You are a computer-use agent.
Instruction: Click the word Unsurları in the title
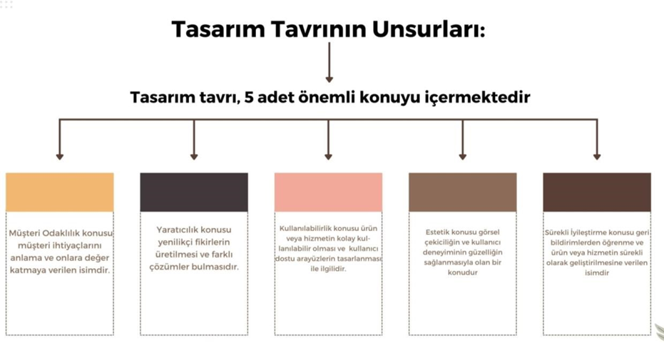click(x=429, y=29)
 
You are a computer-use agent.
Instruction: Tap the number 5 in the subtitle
click(x=249, y=97)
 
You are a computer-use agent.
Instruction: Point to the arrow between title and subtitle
click(x=329, y=62)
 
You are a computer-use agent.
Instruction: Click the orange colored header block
click(x=60, y=192)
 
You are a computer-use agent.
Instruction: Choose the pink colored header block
click(x=328, y=192)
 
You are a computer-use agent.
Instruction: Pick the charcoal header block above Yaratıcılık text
click(x=194, y=192)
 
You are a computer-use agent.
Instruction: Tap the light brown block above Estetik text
click(x=462, y=192)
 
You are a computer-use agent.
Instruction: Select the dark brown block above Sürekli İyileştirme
click(x=597, y=192)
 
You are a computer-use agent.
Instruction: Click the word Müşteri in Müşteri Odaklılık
click(x=24, y=234)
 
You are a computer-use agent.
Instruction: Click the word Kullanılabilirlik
click(x=306, y=228)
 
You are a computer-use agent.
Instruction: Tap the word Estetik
click(x=437, y=232)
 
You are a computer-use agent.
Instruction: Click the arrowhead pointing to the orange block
click(x=60, y=157)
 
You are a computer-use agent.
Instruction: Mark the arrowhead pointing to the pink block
click(x=328, y=157)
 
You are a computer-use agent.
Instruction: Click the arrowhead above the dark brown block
click(x=597, y=157)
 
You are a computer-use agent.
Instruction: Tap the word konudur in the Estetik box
click(x=462, y=273)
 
